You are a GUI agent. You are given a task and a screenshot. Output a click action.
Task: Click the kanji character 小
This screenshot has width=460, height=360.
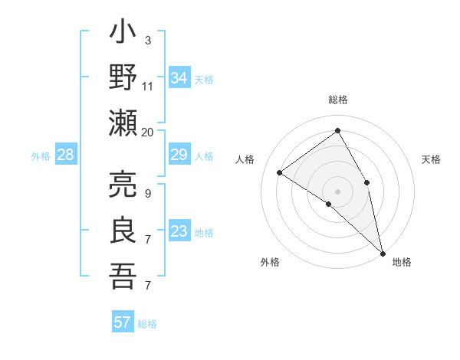123,35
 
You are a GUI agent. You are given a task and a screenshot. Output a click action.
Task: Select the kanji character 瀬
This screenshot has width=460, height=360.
123,123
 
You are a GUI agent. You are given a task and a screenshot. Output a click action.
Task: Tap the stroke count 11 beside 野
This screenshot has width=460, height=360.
147,86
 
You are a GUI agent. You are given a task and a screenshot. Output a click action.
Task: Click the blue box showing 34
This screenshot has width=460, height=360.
179,78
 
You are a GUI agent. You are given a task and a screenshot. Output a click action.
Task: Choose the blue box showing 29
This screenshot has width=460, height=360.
179,155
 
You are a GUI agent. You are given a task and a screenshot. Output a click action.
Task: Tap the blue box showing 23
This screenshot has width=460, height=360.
179,232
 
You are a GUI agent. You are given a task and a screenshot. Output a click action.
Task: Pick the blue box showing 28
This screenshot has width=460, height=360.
66,155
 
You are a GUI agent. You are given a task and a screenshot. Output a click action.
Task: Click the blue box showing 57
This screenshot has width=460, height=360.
123,322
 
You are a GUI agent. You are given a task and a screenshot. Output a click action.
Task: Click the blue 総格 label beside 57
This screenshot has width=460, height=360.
147,324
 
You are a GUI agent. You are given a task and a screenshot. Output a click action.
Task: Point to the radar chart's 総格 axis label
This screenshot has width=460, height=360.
338,100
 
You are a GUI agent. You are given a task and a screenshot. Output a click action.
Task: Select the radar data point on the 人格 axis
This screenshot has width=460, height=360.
280,173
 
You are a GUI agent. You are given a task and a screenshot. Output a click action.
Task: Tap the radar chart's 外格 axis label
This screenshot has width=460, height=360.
270,263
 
